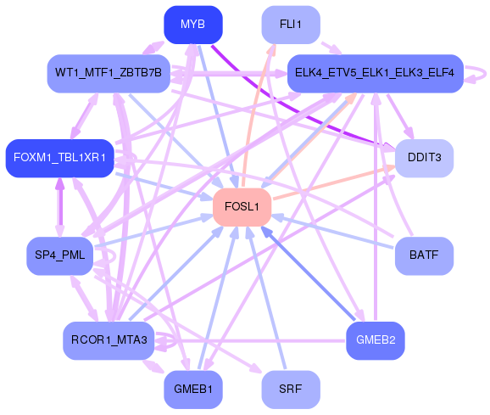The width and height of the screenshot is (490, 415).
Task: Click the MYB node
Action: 192,24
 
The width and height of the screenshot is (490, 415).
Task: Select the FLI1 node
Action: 290,24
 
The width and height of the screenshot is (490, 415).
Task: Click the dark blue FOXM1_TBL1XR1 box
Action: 59,158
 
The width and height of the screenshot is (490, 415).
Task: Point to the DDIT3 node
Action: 424,159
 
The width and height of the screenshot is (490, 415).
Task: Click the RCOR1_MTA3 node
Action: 109,340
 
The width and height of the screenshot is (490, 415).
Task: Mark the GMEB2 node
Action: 375,340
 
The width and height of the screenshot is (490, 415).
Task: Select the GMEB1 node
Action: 192,389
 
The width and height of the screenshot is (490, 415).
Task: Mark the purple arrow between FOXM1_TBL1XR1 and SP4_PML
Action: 60,207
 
